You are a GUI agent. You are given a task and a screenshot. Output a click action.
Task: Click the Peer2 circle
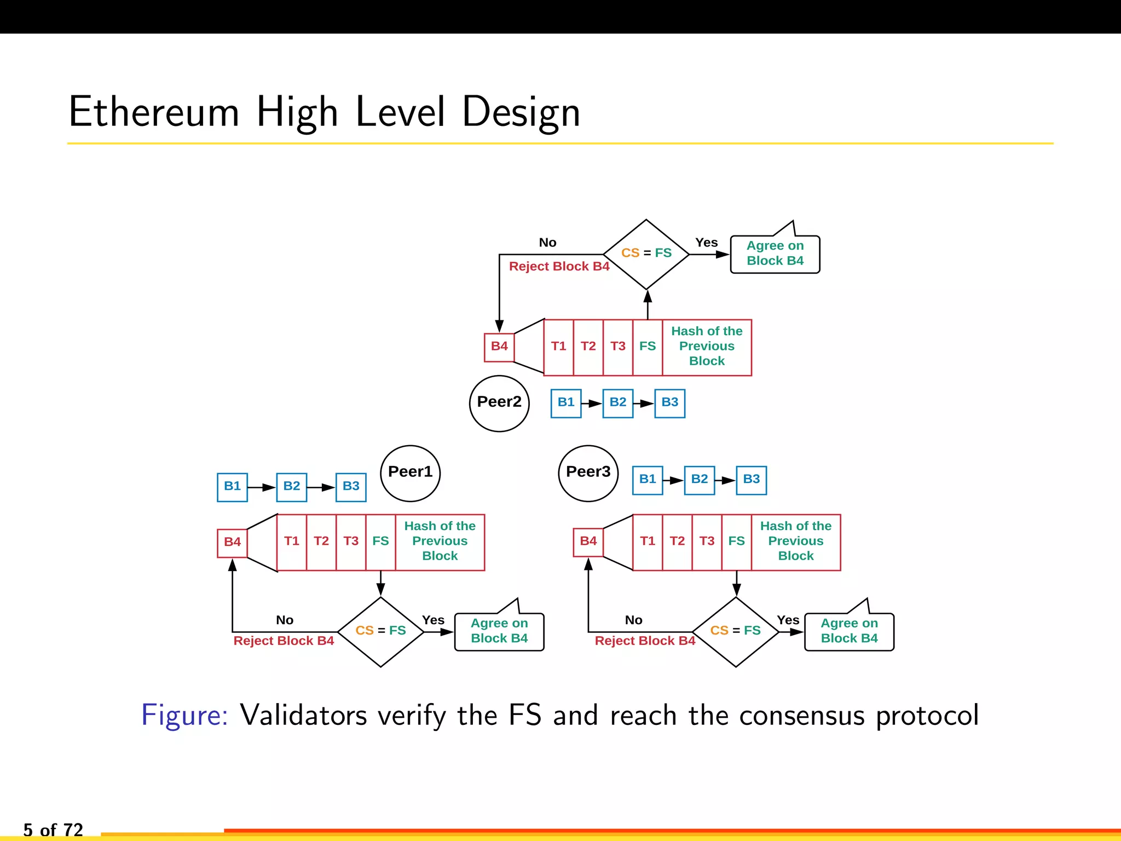coord(499,403)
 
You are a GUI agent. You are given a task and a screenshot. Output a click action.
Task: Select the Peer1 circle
coord(410,473)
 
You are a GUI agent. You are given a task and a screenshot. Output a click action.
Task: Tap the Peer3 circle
coord(588,473)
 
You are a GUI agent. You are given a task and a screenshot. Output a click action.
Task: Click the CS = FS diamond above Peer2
coord(646,254)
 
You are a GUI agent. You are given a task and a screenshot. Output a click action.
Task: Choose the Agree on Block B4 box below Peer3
coord(849,631)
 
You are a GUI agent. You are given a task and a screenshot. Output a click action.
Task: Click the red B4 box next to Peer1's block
coord(232,543)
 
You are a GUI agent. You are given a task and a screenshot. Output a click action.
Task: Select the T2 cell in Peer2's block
coord(588,347)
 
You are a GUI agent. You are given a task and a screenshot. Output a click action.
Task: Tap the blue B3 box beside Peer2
coord(669,403)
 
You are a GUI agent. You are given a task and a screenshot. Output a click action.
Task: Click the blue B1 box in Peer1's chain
coord(232,487)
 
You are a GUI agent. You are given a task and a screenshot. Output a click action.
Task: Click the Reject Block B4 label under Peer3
coord(645,641)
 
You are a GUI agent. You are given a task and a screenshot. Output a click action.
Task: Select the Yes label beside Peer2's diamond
coord(706,243)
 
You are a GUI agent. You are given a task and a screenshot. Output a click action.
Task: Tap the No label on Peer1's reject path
coord(285,620)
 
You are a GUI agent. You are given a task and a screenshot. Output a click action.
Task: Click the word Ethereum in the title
coord(154,112)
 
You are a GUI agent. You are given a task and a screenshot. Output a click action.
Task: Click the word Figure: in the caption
coord(184,715)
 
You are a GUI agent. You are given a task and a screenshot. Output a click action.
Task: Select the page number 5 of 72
coord(53,829)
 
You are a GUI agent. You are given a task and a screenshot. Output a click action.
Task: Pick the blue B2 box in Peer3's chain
coord(699,480)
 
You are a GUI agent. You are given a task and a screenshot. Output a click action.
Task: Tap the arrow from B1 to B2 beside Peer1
coord(262,487)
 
